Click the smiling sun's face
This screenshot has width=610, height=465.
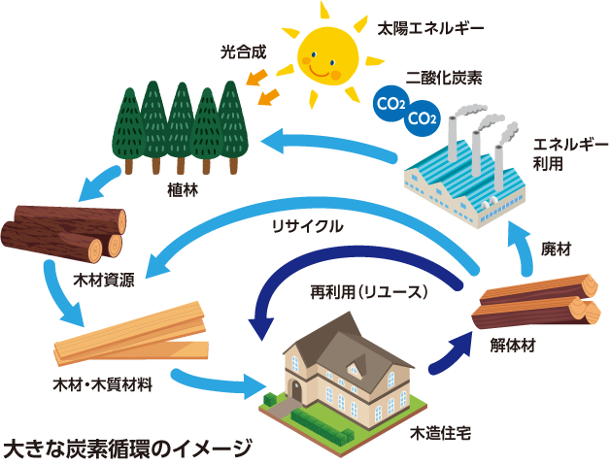click(x=324, y=56)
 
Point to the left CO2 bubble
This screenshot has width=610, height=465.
click(x=390, y=100)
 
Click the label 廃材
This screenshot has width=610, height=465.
click(x=557, y=249)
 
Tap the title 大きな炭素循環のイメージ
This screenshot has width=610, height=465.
click(x=127, y=448)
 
